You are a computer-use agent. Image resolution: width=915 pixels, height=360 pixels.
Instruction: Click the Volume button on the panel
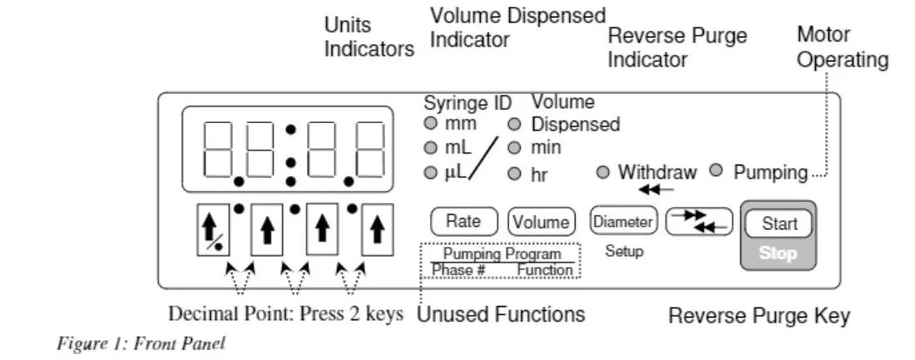click(x=542, y=222)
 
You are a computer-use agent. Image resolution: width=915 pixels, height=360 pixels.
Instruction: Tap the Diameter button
click(x=623, y=222)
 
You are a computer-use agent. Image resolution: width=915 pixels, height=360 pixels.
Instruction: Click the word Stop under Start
click(x=779, y=254)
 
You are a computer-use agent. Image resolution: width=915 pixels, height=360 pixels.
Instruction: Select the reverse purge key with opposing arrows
click(x=699, y=221)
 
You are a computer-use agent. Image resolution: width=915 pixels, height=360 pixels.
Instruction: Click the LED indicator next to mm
click(x=430, y=124)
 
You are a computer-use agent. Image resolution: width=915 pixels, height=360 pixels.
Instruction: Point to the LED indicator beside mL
click(x=430, y=148)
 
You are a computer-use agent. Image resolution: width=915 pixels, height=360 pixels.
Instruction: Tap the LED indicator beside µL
click(x=430, y=173)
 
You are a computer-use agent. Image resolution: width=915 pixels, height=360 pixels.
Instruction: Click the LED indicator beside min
click(x=515, y=148)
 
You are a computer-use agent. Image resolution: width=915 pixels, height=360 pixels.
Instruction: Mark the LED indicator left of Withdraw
click(x=603, y=173)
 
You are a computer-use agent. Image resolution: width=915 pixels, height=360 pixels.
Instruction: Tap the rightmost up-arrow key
click(x=378, y=231)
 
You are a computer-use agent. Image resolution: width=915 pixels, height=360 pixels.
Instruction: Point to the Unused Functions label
click(x=500, y=315)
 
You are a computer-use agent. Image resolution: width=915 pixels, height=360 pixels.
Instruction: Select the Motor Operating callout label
click(x=842, y=47)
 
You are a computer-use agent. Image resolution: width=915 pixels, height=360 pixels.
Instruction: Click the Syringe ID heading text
click(x=467, y=103)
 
